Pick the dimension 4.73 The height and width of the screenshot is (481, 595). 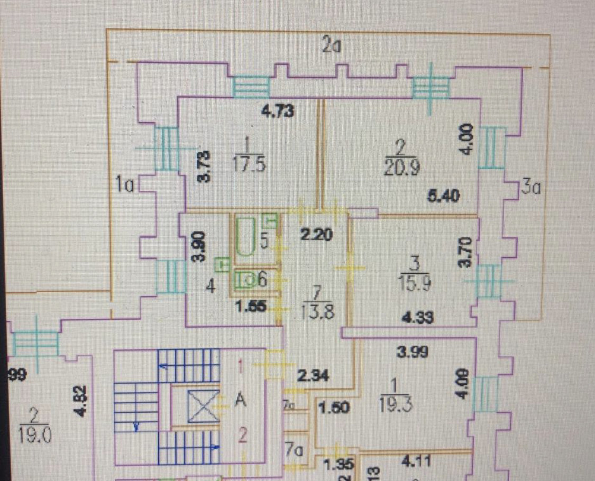tap(278, 111)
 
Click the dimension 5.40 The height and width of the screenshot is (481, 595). tap(443, 197)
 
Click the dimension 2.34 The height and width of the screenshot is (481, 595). tap(314, 376)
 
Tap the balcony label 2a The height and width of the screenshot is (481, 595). tap(332, 46)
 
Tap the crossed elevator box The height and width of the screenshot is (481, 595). tap(203, 406)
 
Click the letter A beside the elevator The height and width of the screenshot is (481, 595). tap(241, 401)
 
